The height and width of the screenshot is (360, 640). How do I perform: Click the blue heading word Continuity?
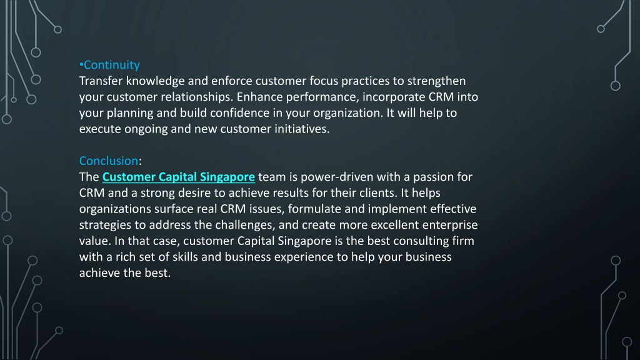pyautogui.click(x=112, y=65)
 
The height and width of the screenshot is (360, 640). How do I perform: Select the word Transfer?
pyautogui.click(x=101, y=81)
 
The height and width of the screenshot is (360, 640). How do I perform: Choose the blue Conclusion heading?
pyautogui.click(x=108, y=161)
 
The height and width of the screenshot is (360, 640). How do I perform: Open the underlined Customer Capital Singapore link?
pyautogui.click(x=178, y=177)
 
